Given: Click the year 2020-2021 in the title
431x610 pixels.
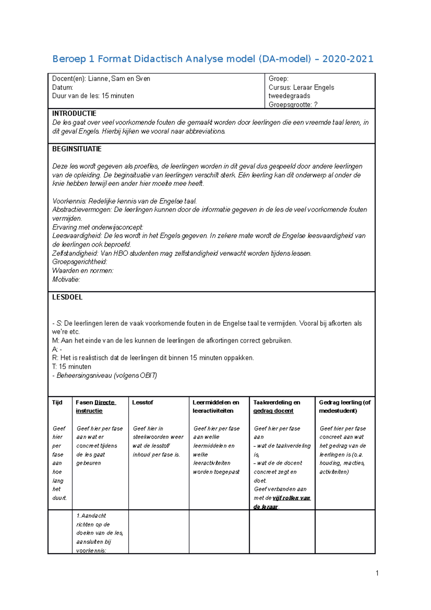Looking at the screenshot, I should point(348,59).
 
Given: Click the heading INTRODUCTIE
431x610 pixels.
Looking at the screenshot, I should point(74,114).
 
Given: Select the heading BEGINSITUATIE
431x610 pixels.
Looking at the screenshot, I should point(77,149).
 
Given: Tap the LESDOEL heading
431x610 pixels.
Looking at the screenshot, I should point(67,297).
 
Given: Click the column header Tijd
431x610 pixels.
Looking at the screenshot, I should point(57,402).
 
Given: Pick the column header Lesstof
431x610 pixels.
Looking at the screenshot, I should point(143,402).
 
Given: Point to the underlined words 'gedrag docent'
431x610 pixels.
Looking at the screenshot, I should point(273,411).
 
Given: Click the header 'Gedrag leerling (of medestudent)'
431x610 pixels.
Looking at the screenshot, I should point(345,407).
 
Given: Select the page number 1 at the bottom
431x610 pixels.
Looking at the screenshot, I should point(377,573).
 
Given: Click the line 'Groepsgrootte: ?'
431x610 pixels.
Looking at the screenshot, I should point(293,105).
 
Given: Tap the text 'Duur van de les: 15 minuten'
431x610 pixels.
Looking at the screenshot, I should point(93,96).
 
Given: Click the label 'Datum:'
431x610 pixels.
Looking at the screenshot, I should point(62,87).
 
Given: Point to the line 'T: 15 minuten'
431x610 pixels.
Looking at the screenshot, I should point(71,367).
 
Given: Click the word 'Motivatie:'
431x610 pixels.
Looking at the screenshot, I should point(66,279).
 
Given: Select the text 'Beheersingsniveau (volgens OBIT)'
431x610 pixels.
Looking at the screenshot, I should point(107,375).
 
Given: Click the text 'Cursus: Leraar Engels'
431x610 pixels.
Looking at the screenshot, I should point(301,87).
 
